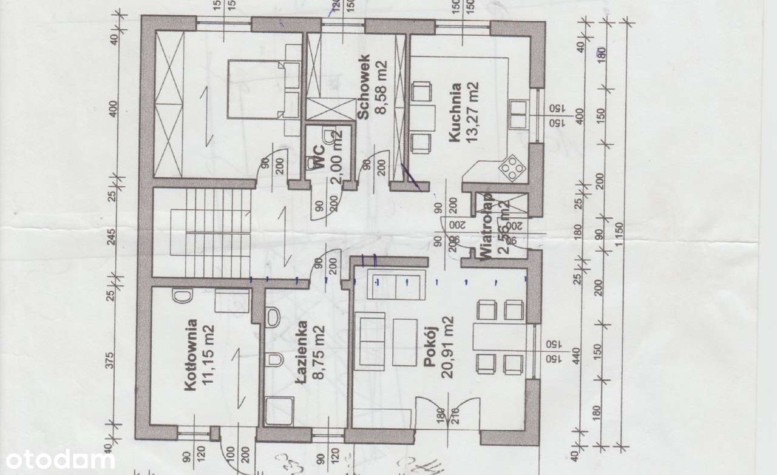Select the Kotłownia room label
191,356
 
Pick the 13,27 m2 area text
473,113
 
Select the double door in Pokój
448,415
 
